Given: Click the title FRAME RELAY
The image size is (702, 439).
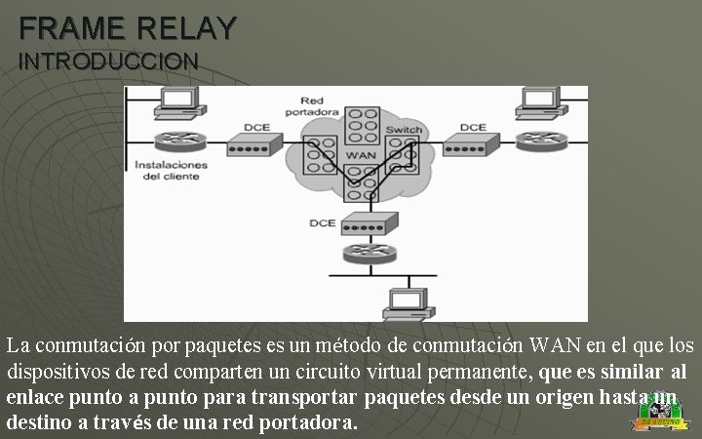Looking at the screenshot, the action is tap(127, 27).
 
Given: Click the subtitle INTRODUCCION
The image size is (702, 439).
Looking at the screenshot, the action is tap(108, 60).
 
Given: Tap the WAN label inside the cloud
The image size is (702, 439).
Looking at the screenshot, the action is tap(360, 155).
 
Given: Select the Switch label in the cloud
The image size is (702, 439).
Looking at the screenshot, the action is tap(403, 130).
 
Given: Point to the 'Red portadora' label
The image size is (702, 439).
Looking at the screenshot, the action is tap(312, 106).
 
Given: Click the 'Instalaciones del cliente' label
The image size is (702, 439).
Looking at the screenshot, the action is tap(172, 171).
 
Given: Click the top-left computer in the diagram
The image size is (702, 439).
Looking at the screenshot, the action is tap(178, 100).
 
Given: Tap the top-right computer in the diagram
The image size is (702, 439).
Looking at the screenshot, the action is tap(539, 100).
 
